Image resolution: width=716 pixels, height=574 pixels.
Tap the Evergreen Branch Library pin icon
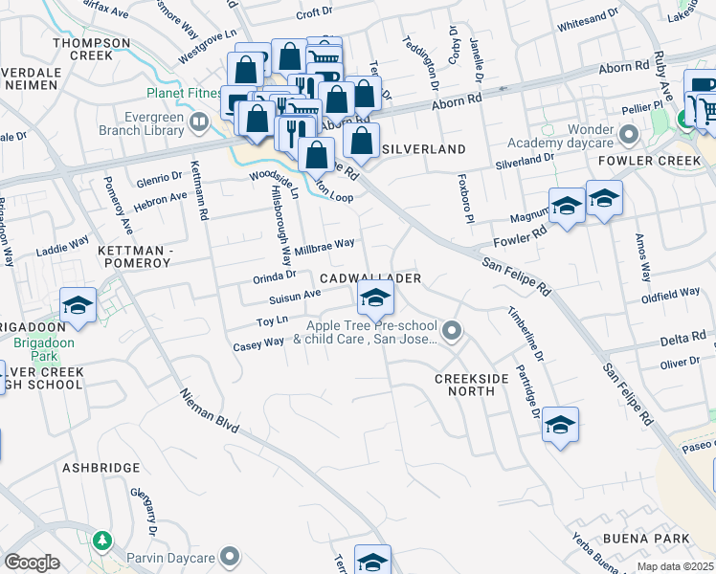click(199, 121)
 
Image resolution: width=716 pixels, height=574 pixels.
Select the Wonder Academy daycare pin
click(629, 133)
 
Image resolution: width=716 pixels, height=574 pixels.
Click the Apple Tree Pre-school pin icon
click(453, 332)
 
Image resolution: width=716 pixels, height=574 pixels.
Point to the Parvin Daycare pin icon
click(229, 556)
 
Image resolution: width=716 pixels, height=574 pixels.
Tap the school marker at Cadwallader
click(375, 298)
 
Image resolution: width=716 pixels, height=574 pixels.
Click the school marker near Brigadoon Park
click(78, 306)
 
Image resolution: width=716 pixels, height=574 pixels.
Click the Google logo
click(32, 563)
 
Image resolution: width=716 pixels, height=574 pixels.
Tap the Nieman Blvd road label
click(209, 408)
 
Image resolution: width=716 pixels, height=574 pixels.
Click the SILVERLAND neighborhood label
click(423, 149)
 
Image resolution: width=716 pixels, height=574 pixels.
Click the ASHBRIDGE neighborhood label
click(101, 468)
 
